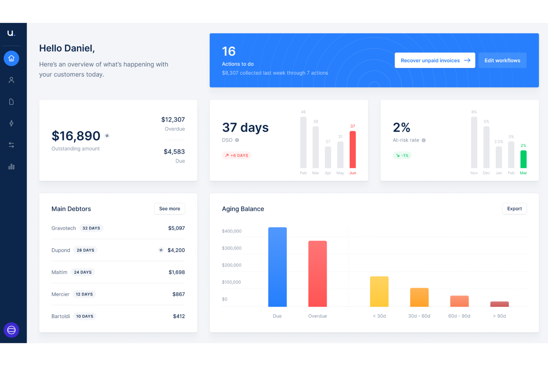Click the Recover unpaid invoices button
[435, 60]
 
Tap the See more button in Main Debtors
[170, 209]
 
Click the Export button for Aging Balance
[514, 209]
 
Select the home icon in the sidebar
[11, 59]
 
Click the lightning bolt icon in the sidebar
[11, 123]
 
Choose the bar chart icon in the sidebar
[11, 166]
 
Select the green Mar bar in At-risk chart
[523, 159]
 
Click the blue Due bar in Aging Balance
[277, 267]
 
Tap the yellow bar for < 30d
[379, 291]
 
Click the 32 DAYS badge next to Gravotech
[91, 228]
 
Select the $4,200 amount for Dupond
[176, 250]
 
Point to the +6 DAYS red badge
[237, 155]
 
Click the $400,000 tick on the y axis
[232, 231]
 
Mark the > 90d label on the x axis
[499, 316]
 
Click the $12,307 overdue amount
[173, 119]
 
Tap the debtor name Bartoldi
[61, 316]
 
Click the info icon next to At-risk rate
[424, 140]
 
